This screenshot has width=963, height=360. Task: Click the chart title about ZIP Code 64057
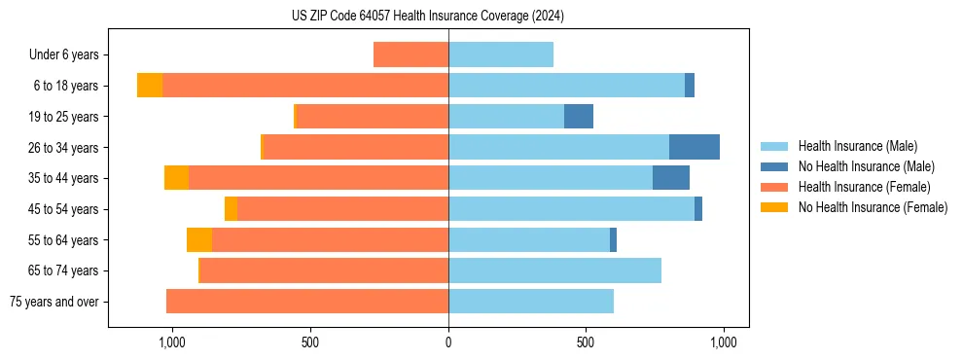pos(427,16)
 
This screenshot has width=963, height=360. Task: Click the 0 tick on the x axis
pos(448,342)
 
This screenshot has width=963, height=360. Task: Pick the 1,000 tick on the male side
pos(723,342)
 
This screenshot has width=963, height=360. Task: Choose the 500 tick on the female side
pos(310,342)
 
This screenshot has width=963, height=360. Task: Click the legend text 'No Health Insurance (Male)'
pos(866,166)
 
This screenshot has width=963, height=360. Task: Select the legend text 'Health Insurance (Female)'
pos(864,187)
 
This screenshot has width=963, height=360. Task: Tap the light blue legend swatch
pos(774,146)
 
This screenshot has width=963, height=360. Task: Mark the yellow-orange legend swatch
pos(774,207)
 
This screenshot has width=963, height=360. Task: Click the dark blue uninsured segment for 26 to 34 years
pos(695,147)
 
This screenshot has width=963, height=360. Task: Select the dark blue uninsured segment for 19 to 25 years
pos(579,117)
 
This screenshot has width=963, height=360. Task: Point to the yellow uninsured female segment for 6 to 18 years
pos(150,86)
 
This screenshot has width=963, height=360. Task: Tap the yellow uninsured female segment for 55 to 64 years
pos(199,239)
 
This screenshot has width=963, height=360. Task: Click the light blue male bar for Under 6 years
pos(501,55)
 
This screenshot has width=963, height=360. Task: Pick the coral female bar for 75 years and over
pos(307,302)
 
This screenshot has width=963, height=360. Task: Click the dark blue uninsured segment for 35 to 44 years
pos(671,178)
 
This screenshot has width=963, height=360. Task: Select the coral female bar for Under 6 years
pos(410,55)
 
